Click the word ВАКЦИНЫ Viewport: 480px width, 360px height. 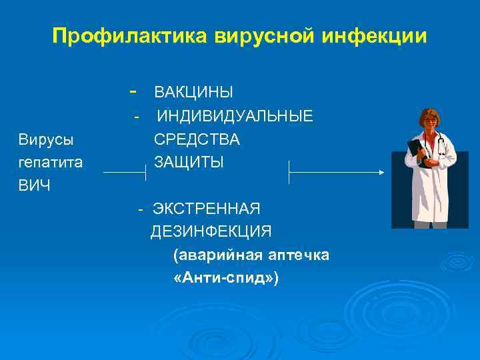[x=193, y=92]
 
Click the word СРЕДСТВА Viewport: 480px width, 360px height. [x=197, y=140]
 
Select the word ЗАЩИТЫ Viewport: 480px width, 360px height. [x=189, y=162]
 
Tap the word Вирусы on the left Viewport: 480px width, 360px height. [x=46, y=140]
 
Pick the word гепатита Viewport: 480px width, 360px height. [x=50, y=162]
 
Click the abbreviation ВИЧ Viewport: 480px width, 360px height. [x=34, y=185]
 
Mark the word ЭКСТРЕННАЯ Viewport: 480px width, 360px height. [x=206, y=209]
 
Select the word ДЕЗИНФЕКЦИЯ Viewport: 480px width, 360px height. [x=211, y=231]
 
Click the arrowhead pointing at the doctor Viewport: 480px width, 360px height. [x=381, y=172]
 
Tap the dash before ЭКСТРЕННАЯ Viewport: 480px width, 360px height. [x=141, y=209]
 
